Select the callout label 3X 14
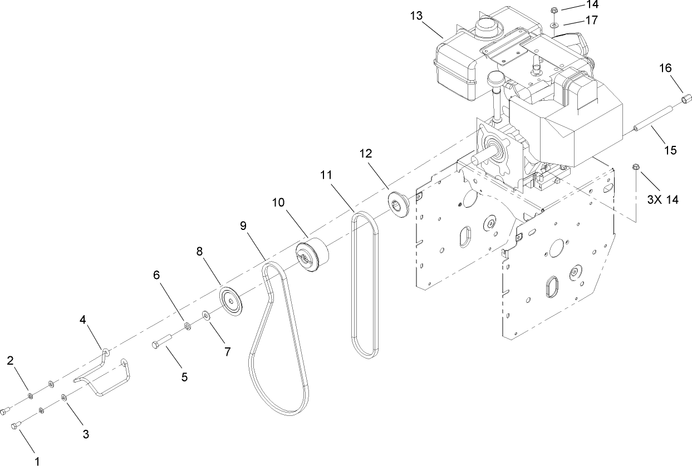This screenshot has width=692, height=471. point(662,199)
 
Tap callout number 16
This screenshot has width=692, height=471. point(665,68)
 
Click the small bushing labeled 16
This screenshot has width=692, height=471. point(685,100)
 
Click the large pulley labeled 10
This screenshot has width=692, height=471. point(314,255)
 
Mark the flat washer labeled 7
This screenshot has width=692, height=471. point(207,316)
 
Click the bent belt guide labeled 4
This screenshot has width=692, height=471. point(106,379)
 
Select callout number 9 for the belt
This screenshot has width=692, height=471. point(243,225)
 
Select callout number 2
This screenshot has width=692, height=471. point(11,360)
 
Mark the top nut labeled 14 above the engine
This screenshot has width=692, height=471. point(554,9)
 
